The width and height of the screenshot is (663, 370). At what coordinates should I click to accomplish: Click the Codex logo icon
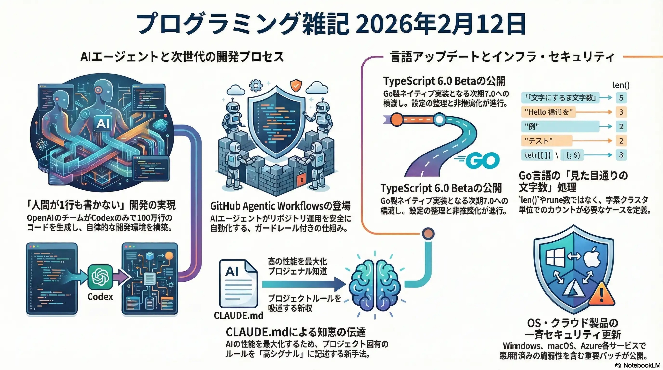coord(100,277)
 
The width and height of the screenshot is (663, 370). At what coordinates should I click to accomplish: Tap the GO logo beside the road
coord(482,161)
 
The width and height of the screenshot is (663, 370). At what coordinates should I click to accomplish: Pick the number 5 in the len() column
coord(621,98)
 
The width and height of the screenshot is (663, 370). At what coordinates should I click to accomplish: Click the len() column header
coord(621,85)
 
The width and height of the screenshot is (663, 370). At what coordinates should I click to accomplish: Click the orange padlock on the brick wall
coord(301,179)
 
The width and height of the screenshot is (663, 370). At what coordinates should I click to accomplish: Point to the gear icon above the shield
coord(255,86)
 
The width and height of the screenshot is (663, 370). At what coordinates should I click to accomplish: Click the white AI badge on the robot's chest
coord(103,123)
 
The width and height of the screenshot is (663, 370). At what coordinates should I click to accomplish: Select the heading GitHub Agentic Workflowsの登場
coord(280,206)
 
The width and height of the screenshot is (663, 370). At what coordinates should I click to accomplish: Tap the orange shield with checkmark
coord(296,86)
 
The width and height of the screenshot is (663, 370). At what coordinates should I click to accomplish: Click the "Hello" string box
coord(549,112)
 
